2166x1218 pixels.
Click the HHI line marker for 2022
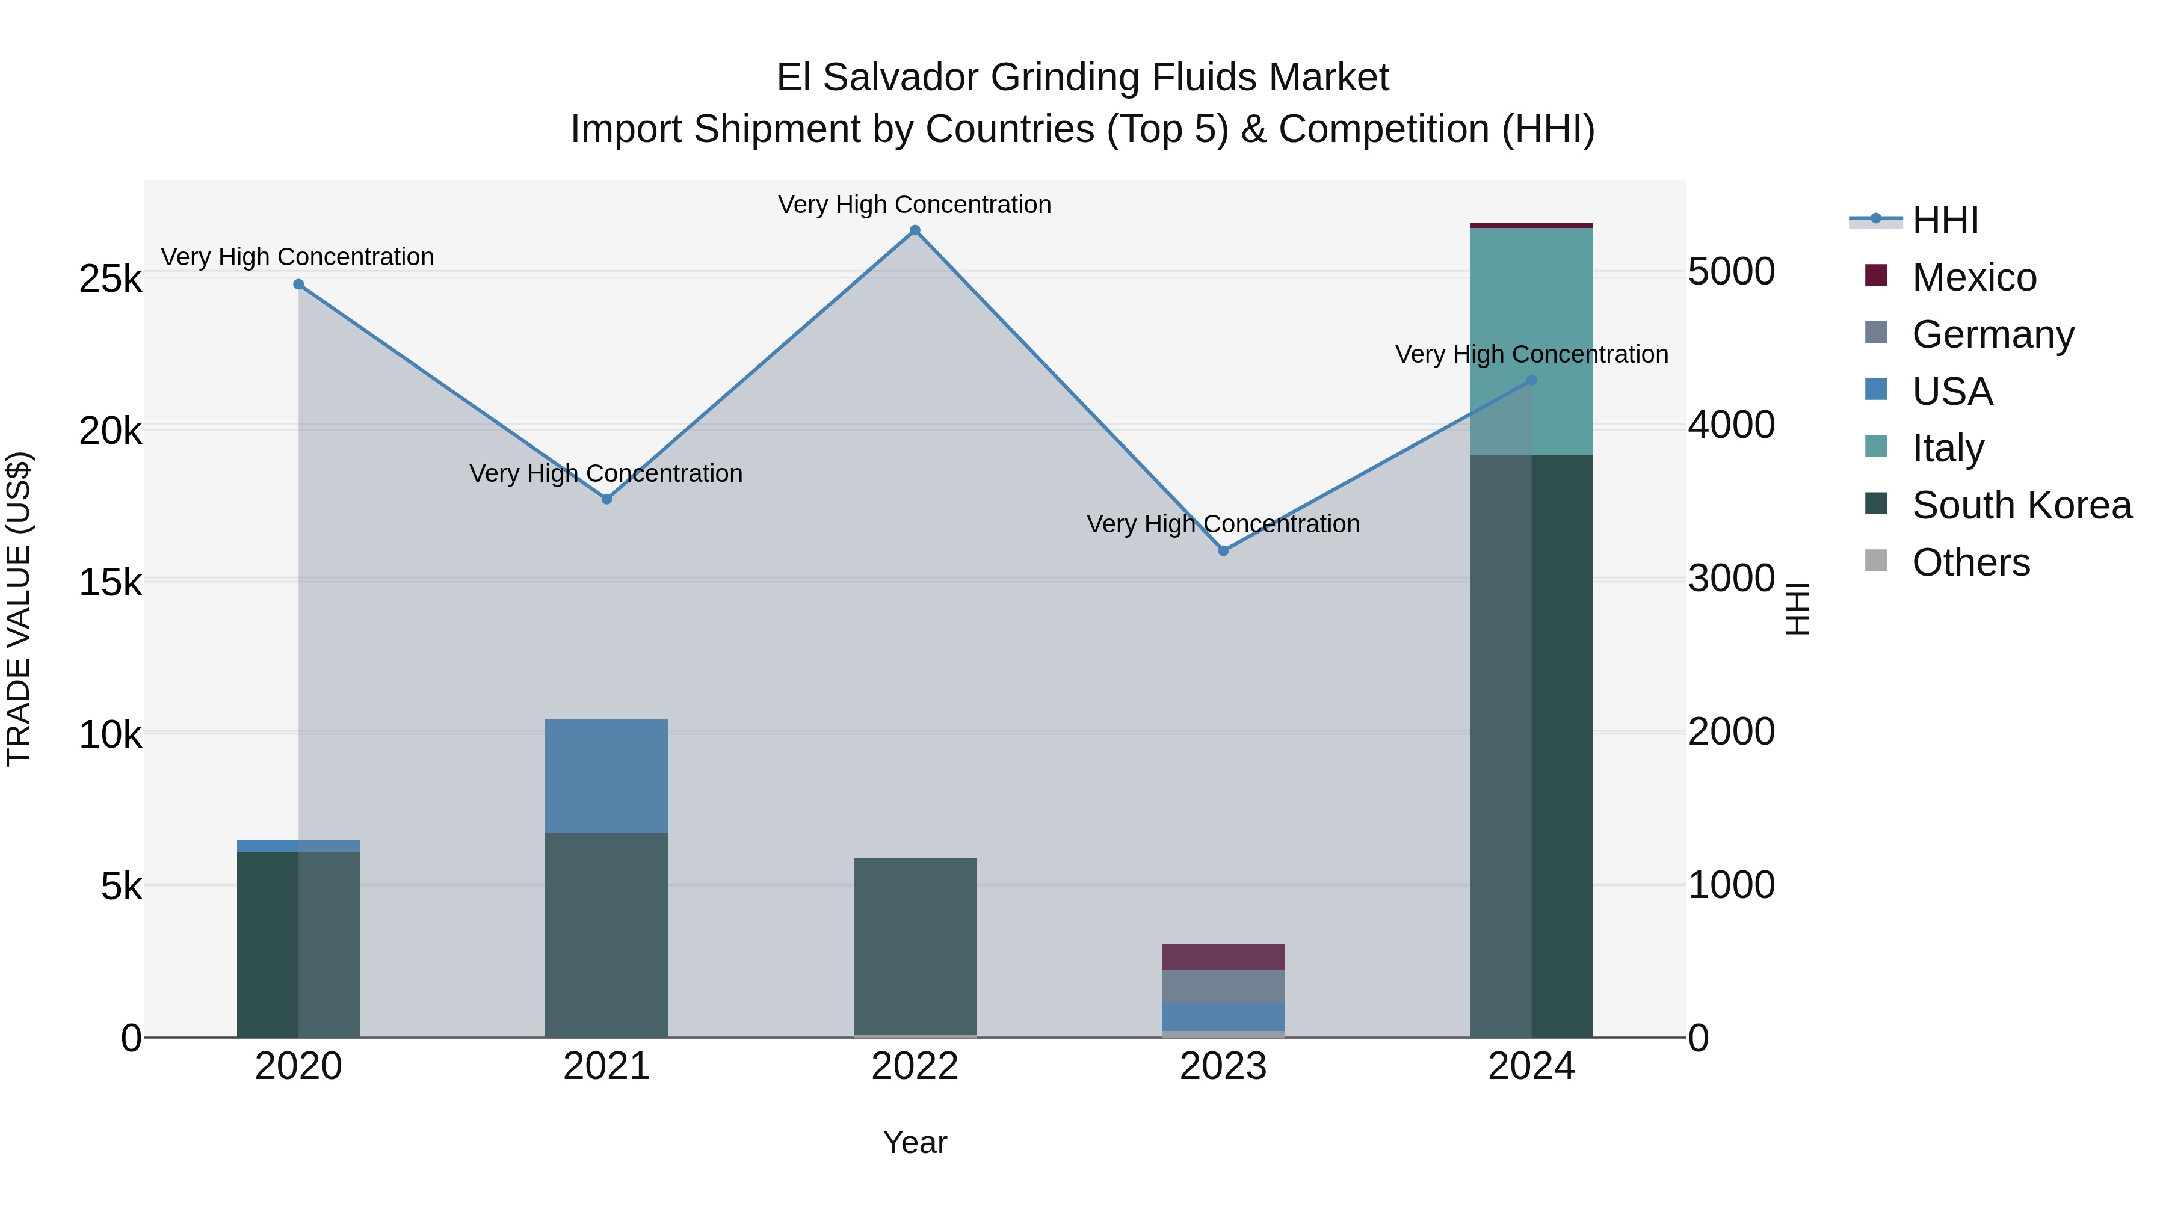[x=915, y=230]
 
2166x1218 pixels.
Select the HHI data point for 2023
[x=1223, y=550]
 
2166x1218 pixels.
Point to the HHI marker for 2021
[x=606, y=499]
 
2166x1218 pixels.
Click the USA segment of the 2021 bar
[x=606, y=776]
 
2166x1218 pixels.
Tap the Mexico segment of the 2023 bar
[x=1223, y=956]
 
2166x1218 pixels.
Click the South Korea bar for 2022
[x=915, y=946]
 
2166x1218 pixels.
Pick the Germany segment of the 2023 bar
[x=1223, y=986]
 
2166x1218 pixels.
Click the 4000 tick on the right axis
[x=1731, y=425]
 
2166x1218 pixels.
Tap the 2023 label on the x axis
[x=1223, y=1066]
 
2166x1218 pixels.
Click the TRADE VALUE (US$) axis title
[x=19, y=609]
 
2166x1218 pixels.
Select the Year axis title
[x=915, y=1142]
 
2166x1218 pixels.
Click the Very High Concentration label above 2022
[x=914, y=205]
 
